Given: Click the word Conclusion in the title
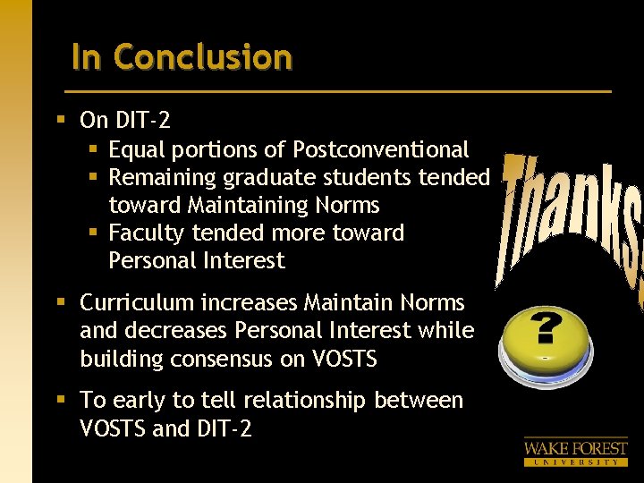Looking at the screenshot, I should (x=203, y=57).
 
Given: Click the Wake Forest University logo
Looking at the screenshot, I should (x=575, y=451).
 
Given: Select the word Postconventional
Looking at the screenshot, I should (x=381, y=149).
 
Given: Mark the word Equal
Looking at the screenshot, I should (x=134, y=149).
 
